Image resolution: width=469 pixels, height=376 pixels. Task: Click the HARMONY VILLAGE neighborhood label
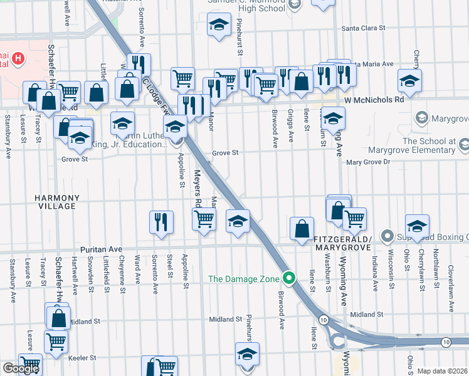pos(56,202)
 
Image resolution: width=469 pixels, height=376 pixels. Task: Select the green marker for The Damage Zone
pos(288,276)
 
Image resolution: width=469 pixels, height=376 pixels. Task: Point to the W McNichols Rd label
pos(374,100)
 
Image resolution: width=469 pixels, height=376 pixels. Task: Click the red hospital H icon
pos(19,60)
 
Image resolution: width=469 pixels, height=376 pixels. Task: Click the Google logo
pos(21,368)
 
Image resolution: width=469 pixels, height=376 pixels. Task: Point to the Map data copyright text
pos(443,371)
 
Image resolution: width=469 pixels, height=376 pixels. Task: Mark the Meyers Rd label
pos(196,188)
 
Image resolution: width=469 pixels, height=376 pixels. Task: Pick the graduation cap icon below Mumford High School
pos(219,26)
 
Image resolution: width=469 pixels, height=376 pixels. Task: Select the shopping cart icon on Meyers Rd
pos(204,219)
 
